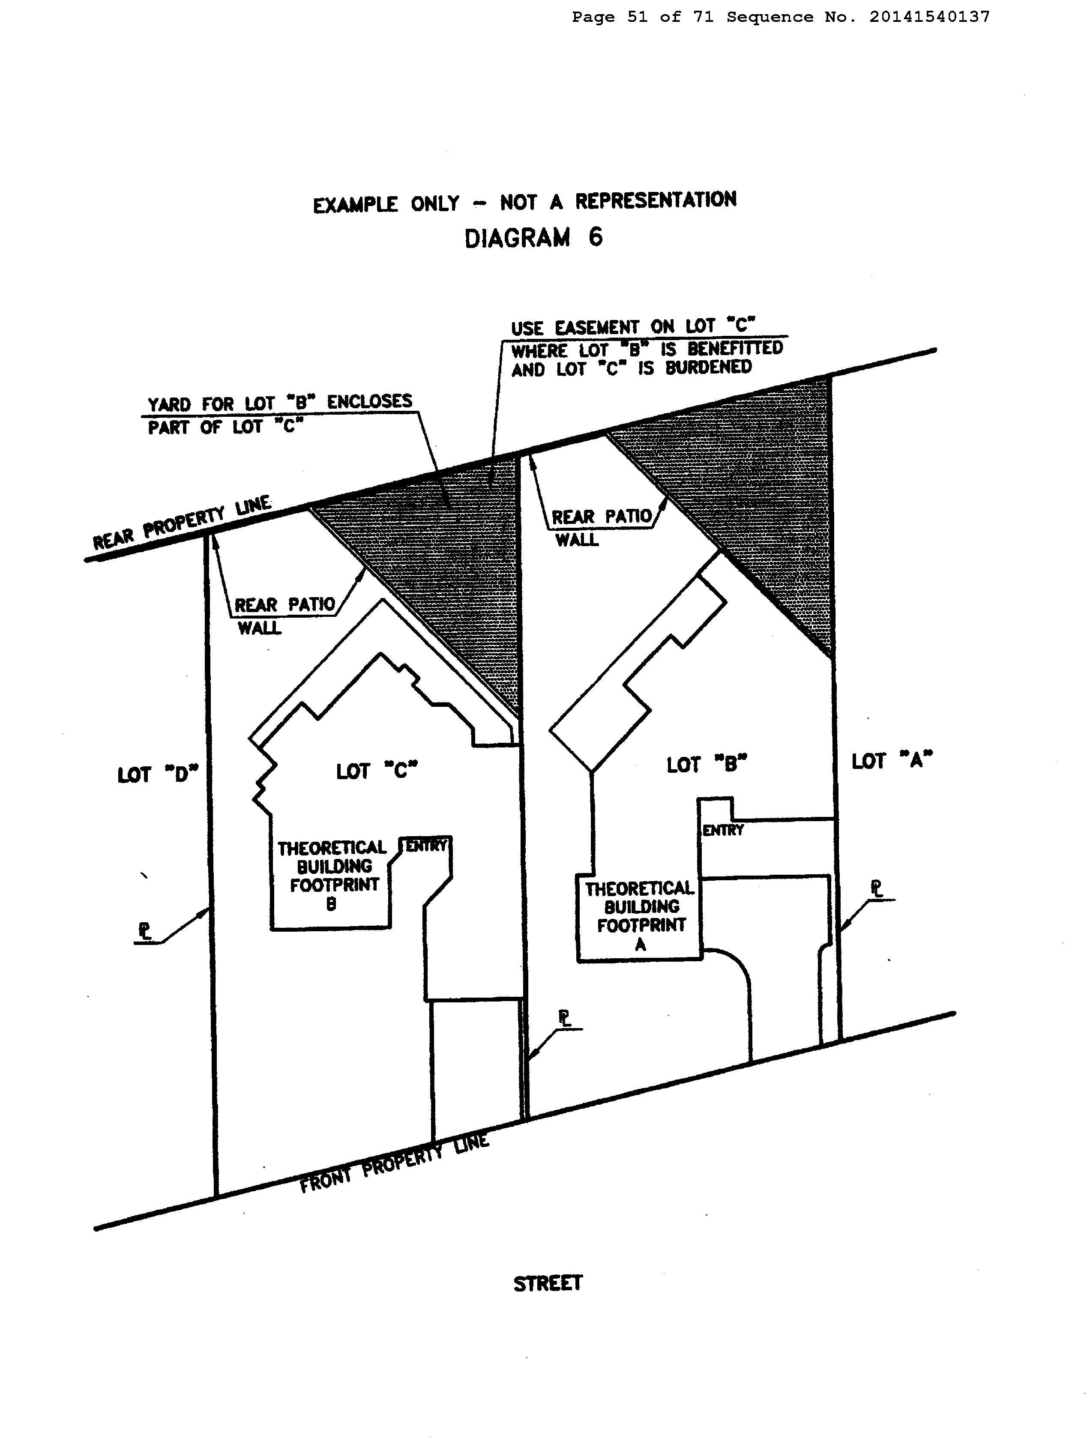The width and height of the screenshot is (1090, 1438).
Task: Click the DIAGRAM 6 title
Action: pyautogui.click(x=533, y=238)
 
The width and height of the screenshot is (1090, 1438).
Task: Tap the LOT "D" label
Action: pyautogui.click(x=157, y=774)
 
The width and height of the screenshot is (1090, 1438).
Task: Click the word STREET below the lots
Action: pyautogui.click(x=548, y=1284)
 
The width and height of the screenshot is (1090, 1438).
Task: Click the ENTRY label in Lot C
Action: pyautogui.click(x=426, y=845)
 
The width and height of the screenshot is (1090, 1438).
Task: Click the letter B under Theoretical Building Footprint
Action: pyautogui.click(x=331, y=904)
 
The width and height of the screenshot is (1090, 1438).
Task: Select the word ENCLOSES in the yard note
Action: pyautogui.click(x=369, y=402)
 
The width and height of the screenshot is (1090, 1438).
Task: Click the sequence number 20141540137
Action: pyautogui.click(x=929, y=17)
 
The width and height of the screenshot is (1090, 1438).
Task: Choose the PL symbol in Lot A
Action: pyautogui.click(x=877, y=889)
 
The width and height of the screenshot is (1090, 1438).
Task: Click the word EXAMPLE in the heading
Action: pyautogui.click(x=355, y=205)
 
